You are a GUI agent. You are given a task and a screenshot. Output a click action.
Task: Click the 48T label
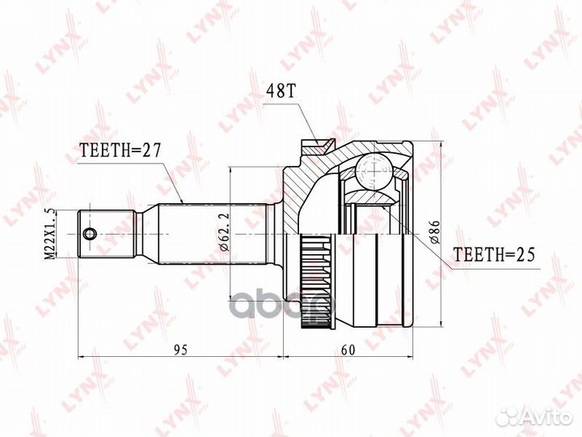[277, 91]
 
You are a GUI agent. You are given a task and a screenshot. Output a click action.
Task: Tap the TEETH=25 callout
[492, 257]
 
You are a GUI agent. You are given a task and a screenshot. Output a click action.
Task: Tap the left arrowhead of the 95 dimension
[81, 356]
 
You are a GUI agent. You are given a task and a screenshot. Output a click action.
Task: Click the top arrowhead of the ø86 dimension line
[441, 146]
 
